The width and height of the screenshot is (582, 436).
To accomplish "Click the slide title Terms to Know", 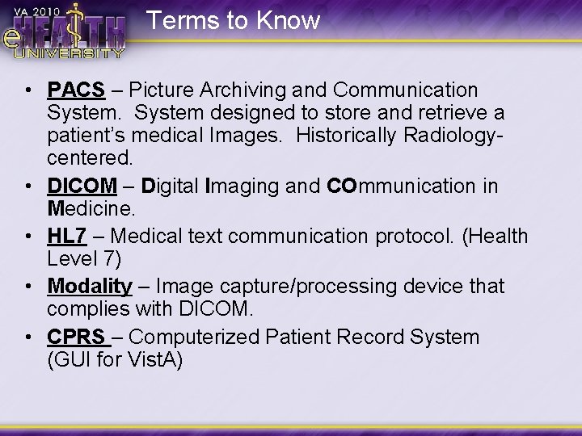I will tap(234, 19).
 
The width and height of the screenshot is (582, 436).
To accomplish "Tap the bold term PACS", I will tap(76, 89).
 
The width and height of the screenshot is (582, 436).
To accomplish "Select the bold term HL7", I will tap(68, 236).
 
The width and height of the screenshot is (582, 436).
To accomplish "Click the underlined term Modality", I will tap(89, 286).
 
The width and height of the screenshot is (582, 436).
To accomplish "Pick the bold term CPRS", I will tap(75, 337).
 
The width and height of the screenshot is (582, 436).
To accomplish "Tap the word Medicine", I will tap(91, 209).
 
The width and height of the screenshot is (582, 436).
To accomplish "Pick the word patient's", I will tap(89, 134).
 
